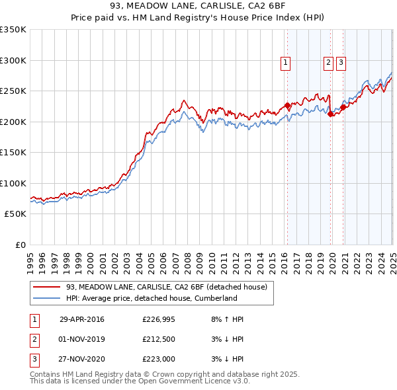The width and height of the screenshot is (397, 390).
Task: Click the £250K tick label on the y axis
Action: point(13,91)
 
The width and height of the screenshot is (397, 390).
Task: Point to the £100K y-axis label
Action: point(13,184)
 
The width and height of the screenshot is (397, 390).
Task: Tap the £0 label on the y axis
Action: point(20,245)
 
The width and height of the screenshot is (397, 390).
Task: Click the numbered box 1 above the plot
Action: point(285,63)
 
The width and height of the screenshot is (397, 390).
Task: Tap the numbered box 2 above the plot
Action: point(328,63)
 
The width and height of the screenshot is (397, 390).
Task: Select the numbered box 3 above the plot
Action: point(341,63)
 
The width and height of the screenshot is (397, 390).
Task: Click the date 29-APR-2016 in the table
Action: point(82,320)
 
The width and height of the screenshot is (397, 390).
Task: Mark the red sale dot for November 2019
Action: point(331,114)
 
